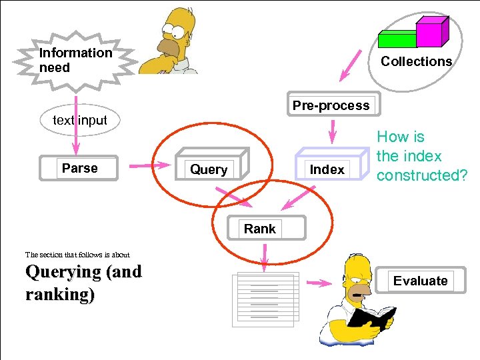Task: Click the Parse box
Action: (79, 169)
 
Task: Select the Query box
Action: (209, 170)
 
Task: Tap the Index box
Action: (327, 170)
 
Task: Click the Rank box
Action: (259, 229)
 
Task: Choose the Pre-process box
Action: (331, 105)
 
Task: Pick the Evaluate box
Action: (420, 281)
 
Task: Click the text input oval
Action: (79, 121)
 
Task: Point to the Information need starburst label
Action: (75, 60)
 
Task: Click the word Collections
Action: (416, 61)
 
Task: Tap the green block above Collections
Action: (397, 39)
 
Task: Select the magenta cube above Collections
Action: (430, 31)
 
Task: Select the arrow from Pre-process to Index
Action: (331, 136)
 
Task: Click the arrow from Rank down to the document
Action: (265, 257)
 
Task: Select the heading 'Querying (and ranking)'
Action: (83, 283)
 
